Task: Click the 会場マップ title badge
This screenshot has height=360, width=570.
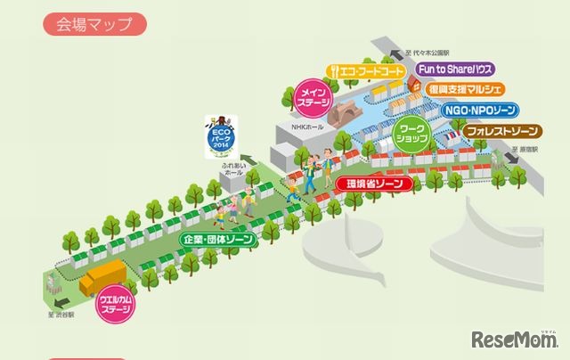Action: [94, 23]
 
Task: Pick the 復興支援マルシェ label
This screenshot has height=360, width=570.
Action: [466, 90]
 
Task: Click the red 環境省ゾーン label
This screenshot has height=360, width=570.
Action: [375, 184]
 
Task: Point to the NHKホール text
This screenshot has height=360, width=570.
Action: [305, 128]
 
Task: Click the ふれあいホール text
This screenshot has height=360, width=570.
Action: [232, 169]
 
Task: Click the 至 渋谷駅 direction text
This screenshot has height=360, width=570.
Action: [62, 314]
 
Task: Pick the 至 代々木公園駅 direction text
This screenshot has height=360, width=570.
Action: [434, 52]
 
